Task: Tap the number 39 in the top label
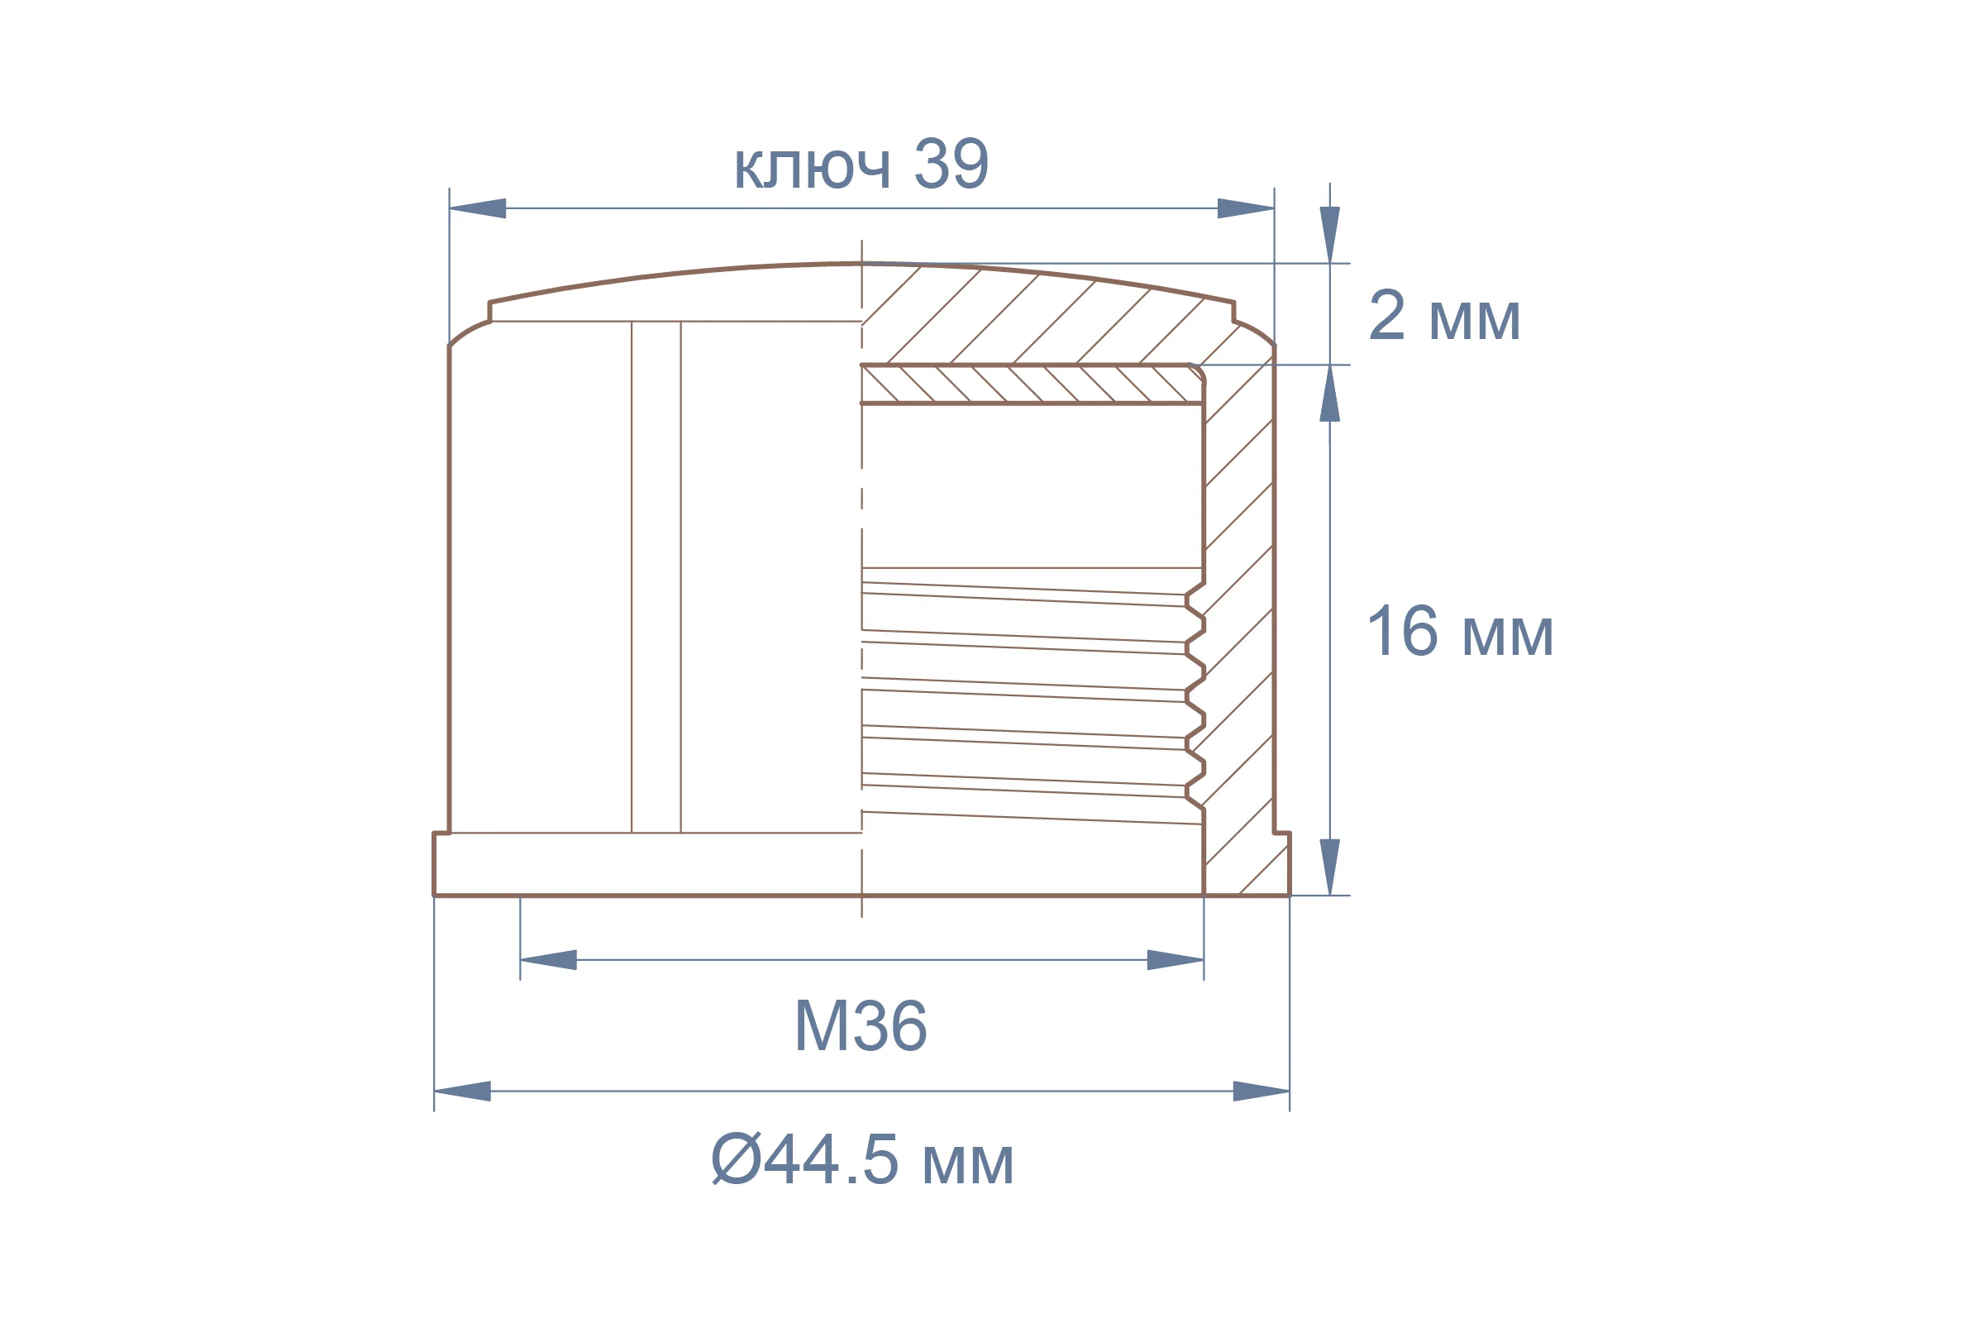point(951,163)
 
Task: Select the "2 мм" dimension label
point(1444,316)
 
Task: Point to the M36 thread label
point(861,1026)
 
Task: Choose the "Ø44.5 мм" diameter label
point(862,1159)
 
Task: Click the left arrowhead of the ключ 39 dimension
point(478,208)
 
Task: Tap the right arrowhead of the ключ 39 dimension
point(1246,208)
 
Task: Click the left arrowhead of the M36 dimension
point(548,960)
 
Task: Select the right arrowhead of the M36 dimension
point(1175,960)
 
